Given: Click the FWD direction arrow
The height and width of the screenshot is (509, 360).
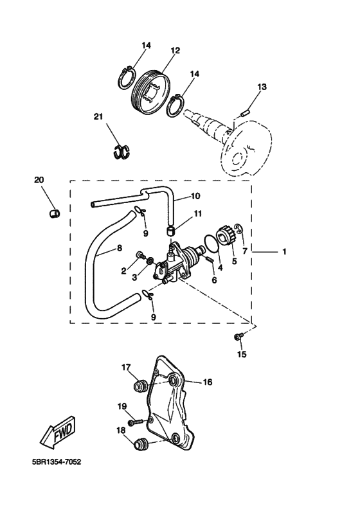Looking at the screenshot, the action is [58, 433].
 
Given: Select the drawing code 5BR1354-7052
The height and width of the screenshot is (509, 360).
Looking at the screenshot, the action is [57, 461].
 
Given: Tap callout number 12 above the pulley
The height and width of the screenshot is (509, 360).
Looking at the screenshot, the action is [175, 51].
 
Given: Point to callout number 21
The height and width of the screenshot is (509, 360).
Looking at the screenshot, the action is [98, 116].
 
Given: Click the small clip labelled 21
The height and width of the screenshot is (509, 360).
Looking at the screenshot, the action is [122, 152].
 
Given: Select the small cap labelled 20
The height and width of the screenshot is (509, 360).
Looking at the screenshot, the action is [54, 213].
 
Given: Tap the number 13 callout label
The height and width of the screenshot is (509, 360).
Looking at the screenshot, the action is [262, 87].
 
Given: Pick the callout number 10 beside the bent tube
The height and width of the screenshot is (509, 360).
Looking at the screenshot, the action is [195, 196].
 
